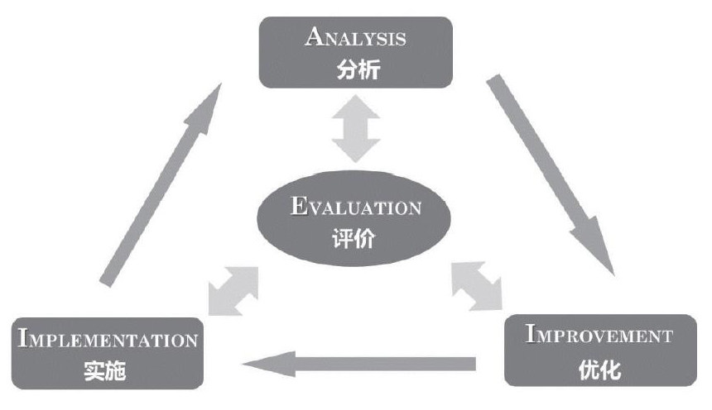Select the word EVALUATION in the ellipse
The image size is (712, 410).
(356, 207)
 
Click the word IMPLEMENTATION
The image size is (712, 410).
(106, 339)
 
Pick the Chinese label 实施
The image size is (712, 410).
(105, 370)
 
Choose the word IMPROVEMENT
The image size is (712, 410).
(599, 336)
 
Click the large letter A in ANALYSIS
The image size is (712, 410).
(315, 36)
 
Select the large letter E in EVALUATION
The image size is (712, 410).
(299, 206)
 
